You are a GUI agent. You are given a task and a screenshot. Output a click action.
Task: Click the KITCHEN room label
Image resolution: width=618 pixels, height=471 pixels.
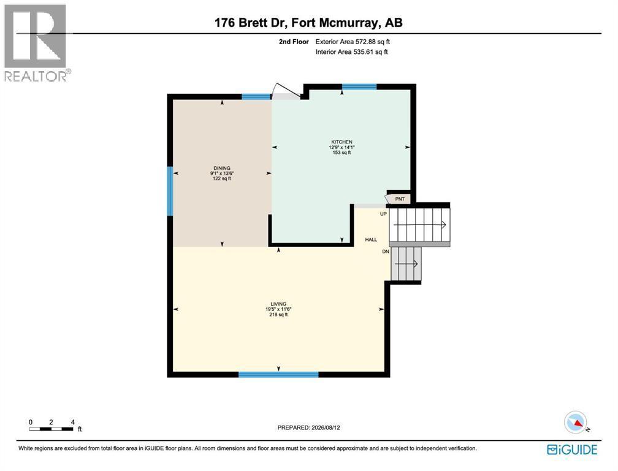coord(341,142)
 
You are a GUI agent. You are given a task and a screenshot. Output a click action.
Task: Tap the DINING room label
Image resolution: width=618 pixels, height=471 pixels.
coord(222,168)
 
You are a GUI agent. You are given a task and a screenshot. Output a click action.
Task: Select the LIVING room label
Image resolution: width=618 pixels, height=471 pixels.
coord(278,304)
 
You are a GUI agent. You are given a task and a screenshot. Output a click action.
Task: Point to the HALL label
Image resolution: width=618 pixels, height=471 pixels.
coord(371,239)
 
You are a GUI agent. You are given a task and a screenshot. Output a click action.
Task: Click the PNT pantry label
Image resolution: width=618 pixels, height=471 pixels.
coord(400,199)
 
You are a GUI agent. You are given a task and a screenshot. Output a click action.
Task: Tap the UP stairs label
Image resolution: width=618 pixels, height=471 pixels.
coord(383,214)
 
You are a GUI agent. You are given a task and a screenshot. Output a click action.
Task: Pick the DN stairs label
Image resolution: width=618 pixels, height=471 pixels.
coord(386,251)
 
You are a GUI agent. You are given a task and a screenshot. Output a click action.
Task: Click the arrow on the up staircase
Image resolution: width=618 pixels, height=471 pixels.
coord(419,224)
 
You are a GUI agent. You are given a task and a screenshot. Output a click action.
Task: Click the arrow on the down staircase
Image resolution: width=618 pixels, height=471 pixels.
coord(406,264)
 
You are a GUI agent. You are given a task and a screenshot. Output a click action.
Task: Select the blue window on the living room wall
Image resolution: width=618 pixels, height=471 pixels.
coord(278,375)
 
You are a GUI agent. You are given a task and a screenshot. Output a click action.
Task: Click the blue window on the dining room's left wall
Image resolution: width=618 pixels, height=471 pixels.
coord(170,191)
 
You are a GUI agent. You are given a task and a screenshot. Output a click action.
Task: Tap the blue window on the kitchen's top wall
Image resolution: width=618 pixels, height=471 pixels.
coord(359,86)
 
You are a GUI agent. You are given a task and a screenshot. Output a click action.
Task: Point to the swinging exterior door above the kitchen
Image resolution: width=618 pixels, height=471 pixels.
coord(286,91)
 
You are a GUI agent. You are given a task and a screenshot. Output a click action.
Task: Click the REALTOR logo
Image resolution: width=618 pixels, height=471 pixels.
coord(36,42)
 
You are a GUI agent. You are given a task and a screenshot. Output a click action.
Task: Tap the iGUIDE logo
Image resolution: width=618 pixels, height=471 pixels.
coord(572,450)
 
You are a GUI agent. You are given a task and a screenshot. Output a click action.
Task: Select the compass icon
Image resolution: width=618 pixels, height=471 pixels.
coord(576,423)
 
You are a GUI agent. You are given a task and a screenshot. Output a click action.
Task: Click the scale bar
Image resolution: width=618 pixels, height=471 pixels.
coord(51,429)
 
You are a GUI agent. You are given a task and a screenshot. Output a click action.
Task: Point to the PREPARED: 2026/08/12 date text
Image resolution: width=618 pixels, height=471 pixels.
coord(308,427)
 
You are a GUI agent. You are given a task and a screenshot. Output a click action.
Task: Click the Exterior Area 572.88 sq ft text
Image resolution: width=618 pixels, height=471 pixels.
coord(353,41)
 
